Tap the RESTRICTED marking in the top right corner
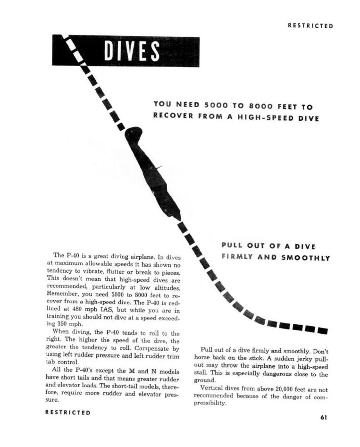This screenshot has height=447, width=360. pos(310,26)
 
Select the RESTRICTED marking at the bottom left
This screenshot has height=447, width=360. pos(67,412)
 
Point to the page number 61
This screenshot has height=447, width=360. pos(323,417)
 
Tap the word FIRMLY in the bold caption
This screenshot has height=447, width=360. pos(239,258)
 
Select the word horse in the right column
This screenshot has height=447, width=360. pos(204,358)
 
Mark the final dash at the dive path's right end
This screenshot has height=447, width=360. pos(323,330)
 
